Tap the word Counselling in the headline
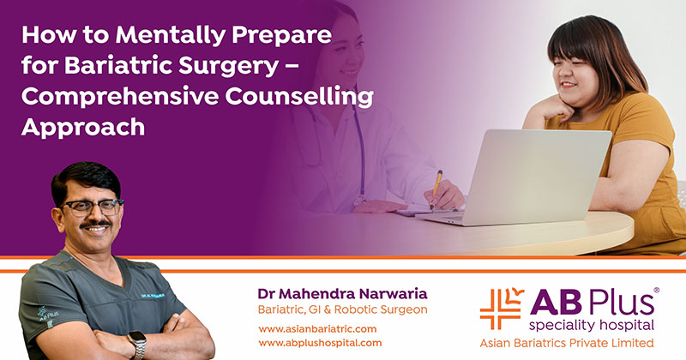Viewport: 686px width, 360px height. tap(299, 96)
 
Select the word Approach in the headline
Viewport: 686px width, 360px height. tap(83, 129)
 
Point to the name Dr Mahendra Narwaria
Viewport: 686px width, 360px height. tap(342, 293)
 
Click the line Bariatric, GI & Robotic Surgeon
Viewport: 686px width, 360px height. tap(342, 309)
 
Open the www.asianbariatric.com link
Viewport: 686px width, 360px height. tap(317, 329)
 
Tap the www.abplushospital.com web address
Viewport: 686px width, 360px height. tap(320, 343)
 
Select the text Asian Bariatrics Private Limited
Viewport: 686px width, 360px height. tap(567, 343)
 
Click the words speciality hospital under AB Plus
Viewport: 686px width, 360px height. tap(591, 325)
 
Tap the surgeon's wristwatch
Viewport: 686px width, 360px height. tap(137, 344)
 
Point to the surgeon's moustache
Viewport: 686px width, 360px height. tap(95, 224)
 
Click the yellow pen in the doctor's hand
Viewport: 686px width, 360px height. tap(436, 188)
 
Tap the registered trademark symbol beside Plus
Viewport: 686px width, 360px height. tap(656, 290)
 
